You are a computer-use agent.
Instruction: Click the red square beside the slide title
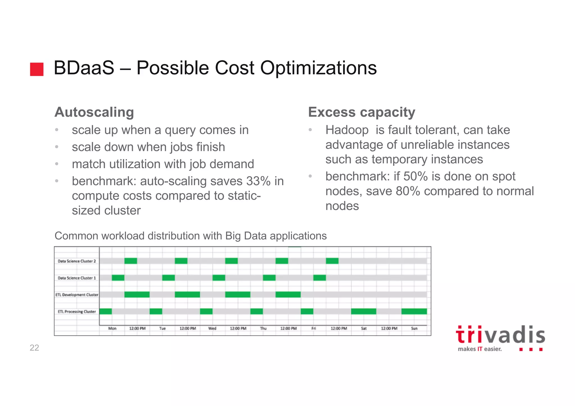(x=37, y=69)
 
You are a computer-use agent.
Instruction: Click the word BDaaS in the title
(x=84, y=68)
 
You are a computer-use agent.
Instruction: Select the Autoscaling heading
(x=94, y=112)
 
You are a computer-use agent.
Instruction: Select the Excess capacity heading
(x=362, y=112)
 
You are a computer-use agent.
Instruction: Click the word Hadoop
(x=347, y=130)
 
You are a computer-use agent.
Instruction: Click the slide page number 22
(x=34, y=348)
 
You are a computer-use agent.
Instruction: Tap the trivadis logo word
(x=500, y=335)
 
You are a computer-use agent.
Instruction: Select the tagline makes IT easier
(x=480, y=349)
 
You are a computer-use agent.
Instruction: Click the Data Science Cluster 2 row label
(x=77, y=261)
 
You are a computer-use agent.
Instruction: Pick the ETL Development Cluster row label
(x=77, y=295)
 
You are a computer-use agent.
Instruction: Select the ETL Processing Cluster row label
(x=77, y=312)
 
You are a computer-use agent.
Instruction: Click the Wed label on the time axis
(x=212, y=328)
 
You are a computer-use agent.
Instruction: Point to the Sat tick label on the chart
(x=364, y=328)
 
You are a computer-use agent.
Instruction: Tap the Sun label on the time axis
(x=414, y=328)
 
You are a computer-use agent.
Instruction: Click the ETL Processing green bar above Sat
(x=364, y=311)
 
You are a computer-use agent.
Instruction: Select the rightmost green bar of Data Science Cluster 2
(x=332, y=261)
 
